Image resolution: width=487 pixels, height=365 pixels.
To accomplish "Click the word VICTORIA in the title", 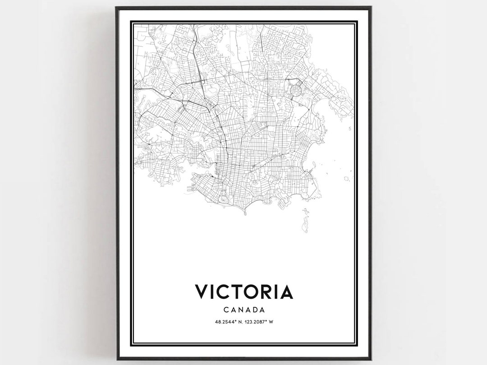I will [x=243, y=291].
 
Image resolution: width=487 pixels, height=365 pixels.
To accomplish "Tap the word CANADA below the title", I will [x=243, y=310].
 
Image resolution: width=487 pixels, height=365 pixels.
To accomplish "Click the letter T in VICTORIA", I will [x=235, y=291].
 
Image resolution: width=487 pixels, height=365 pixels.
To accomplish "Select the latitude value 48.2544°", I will [x=225, y=322].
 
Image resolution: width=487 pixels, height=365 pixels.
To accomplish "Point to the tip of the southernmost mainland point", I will [x=244, y=213].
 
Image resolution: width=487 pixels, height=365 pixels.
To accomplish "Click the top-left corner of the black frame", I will [x=117, y=8].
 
